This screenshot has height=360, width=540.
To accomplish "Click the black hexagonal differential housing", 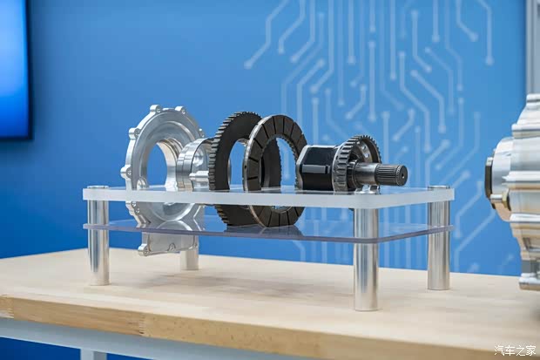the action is [x=316, y=165].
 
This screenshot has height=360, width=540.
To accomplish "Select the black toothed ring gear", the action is [x=234, y=166].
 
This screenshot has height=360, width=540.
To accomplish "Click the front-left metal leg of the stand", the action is [x=98, y=241].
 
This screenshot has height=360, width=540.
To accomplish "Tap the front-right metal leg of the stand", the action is [x=366, y=259].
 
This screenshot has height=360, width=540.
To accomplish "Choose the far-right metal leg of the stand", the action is [x=438, y=245].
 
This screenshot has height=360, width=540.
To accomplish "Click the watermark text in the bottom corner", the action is [x=516, y=350].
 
